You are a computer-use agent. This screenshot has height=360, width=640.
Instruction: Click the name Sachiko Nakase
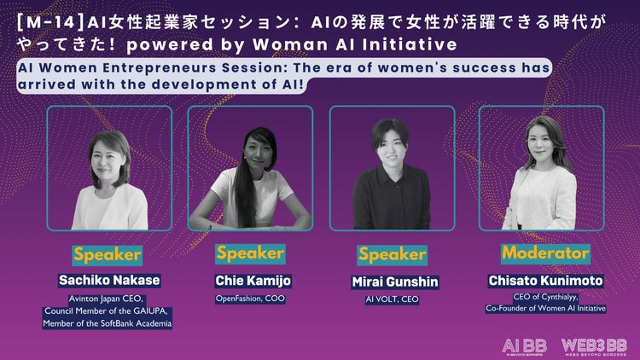click(x=109, y=281)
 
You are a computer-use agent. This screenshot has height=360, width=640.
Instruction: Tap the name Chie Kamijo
click(x=253, y=281)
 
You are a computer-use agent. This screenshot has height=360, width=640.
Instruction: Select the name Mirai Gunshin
click(x=395, y=282)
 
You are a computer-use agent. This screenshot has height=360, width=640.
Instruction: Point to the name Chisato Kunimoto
click(x=546, y=281)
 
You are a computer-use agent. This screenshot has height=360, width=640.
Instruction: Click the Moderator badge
click(x=546, y=253)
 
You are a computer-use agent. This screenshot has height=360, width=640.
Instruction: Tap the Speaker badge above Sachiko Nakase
click(x=108, y=255)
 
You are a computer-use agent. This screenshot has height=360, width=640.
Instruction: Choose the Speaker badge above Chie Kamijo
click(x=250, y=253)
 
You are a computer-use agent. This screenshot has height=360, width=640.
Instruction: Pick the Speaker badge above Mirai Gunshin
click(x=393, y=255)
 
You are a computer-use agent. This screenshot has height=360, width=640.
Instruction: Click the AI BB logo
click(x=525, y=347)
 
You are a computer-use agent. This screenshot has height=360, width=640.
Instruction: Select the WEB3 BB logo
click(x=594, y=347)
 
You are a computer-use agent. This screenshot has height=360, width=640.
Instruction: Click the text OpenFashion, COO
click(x=250, y=299)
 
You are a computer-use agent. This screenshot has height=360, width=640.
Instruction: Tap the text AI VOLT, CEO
click(x=393, y=299)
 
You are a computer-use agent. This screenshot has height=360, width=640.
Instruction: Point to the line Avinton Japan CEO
click(x=106, y=299)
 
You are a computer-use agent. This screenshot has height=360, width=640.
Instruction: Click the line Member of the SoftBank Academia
click(x=108, y=323)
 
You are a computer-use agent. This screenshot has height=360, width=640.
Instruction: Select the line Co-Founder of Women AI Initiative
click(x=546, y=309)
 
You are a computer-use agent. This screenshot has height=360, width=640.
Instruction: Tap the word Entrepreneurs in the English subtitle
click(x=160, y=67)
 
